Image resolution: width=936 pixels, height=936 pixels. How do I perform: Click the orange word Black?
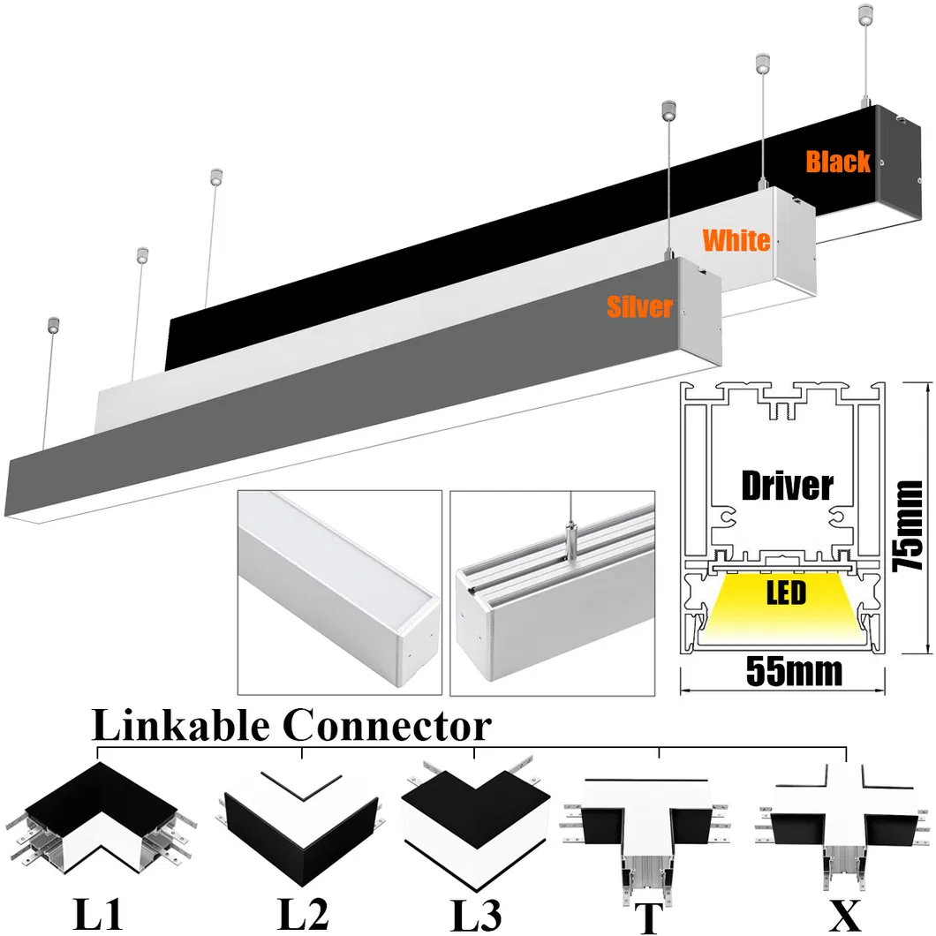[x=837, y=162]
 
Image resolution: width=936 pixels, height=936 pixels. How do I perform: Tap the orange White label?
[x=736, y=239]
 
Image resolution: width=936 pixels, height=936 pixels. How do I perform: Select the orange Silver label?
[x=639, y=306]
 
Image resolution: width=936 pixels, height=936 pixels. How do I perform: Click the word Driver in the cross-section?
[x=787, y=485]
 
